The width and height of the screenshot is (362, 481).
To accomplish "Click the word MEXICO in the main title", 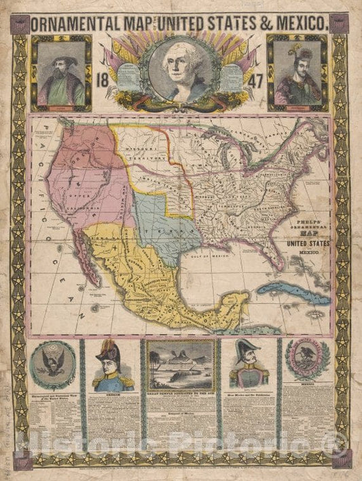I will click(x=296, y=23).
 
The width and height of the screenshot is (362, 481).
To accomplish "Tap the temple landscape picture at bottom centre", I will click(x=181, y=366).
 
